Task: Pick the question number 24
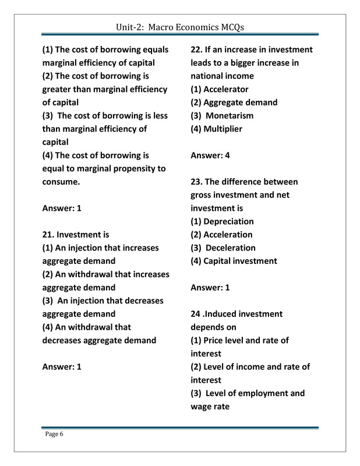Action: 196,314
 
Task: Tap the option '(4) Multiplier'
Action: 216,129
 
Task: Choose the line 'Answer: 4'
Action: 210,156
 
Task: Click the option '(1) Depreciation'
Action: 222,221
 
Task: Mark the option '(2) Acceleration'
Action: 221,235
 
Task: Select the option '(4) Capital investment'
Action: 234,261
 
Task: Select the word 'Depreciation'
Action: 228,221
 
